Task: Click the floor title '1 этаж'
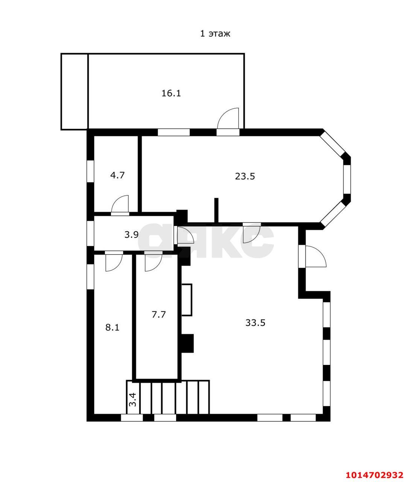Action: pos(215,34)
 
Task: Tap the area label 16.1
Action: pos(171,93)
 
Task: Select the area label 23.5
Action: pos(245,177)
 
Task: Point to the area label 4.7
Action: pos(117,175)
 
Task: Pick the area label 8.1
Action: pos(113,328)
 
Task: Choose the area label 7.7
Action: pos(158,315)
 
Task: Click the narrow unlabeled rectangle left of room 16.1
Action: pos(74,92)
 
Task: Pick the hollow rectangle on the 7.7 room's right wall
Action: pos(186,300)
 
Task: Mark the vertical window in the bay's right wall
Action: pos(347,179)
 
